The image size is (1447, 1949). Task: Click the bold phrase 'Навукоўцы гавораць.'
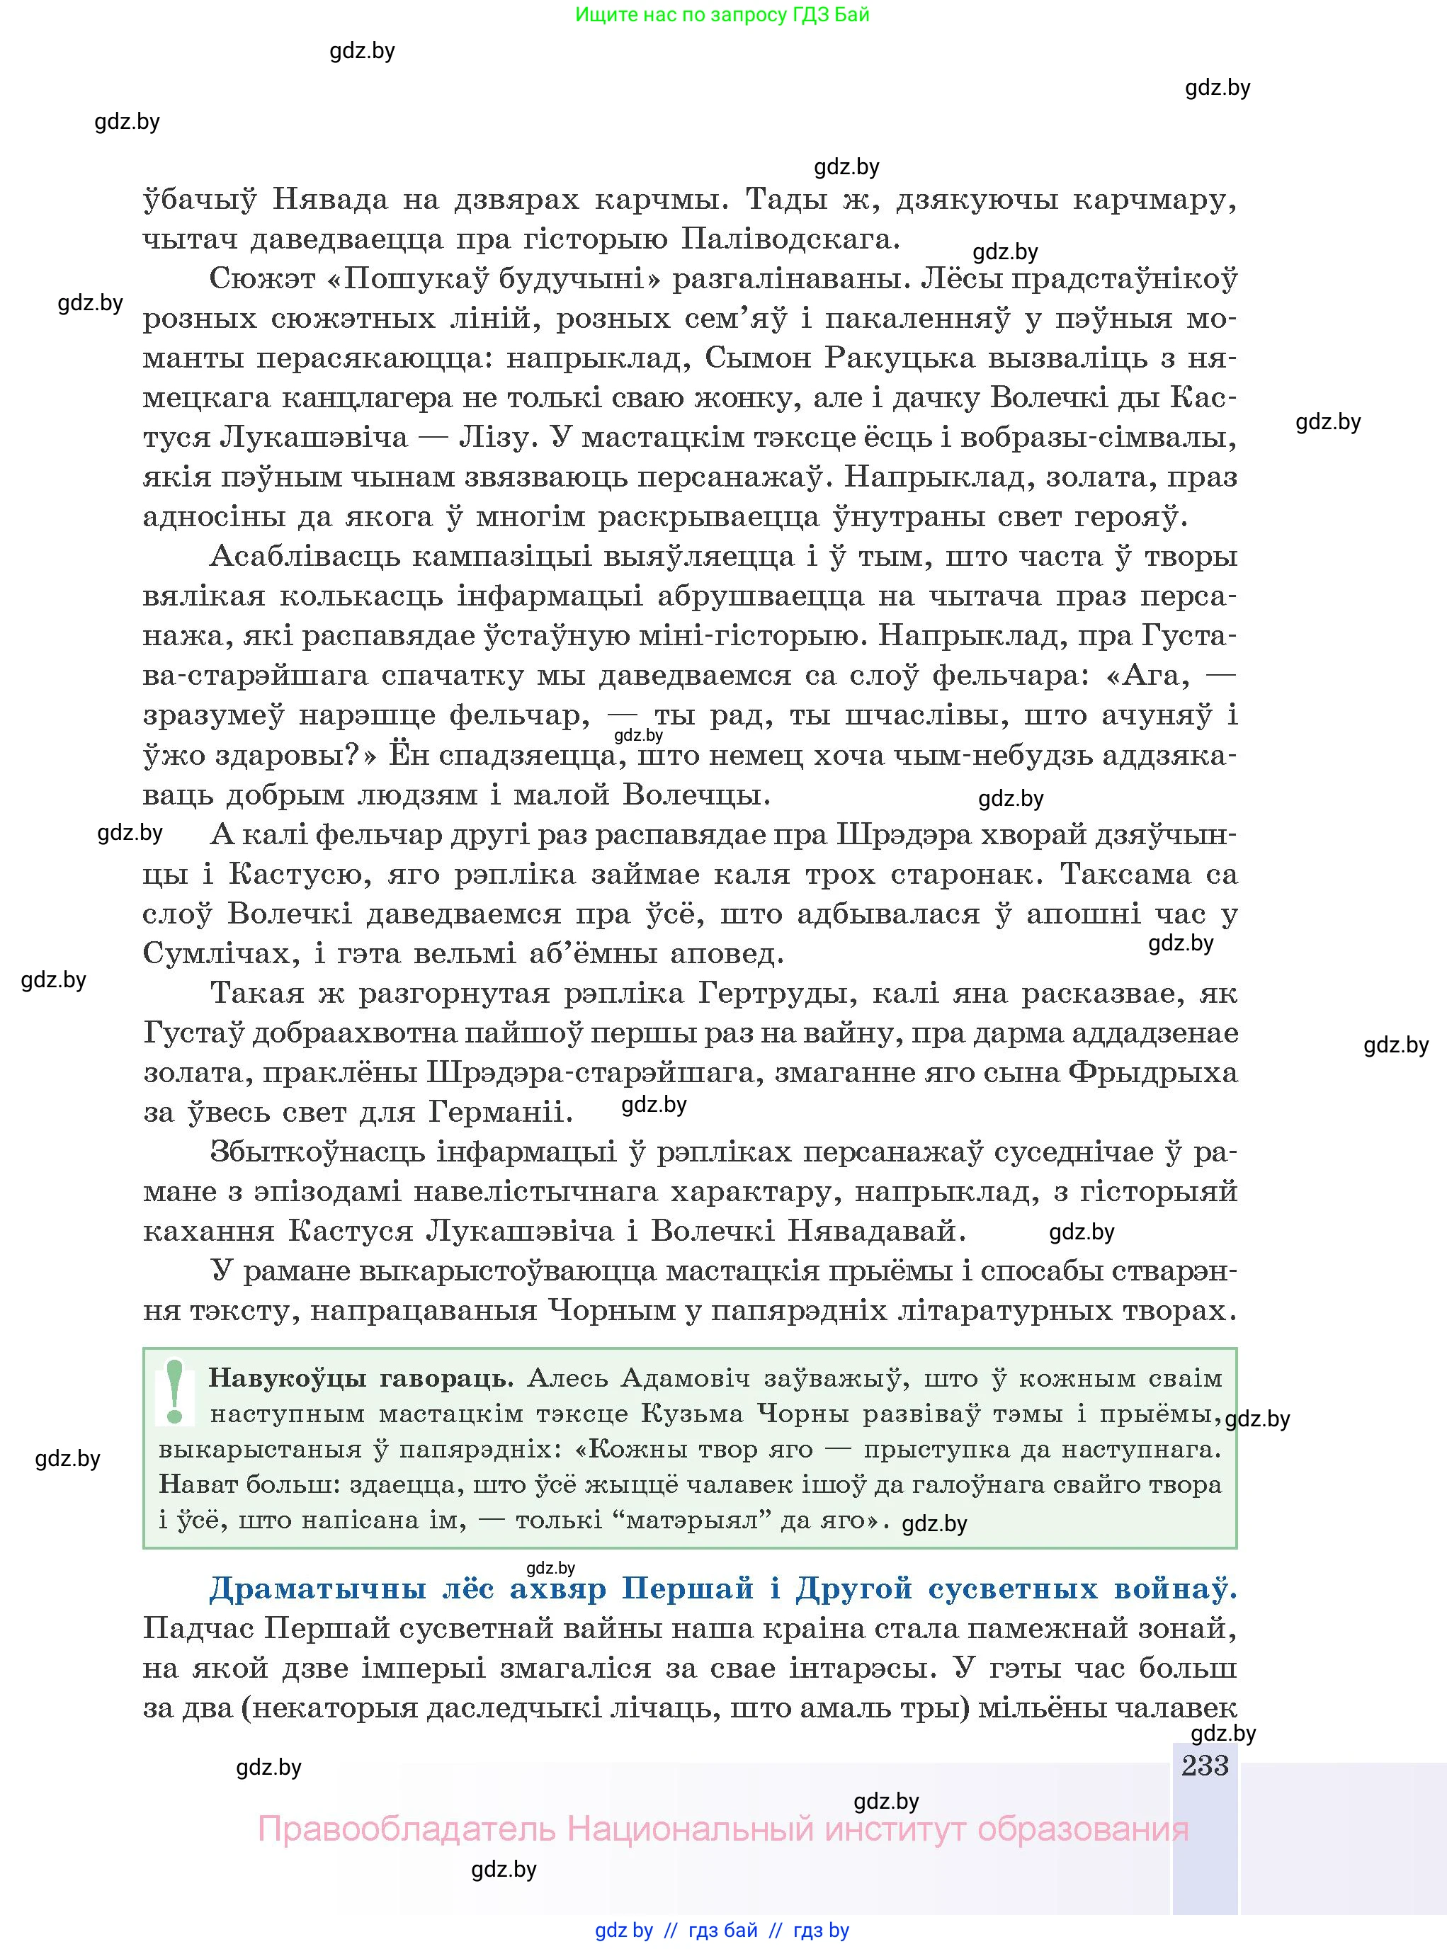pos(360,1379)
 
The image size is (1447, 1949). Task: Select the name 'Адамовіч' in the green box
pos(684,1379)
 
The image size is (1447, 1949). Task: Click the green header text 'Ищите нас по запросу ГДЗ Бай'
pos(722,15)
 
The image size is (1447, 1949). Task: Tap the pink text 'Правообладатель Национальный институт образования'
pos(722,1829)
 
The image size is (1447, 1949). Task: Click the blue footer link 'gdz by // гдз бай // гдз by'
pos(722,1931)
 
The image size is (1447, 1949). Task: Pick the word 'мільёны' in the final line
pos(1041,1707)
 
